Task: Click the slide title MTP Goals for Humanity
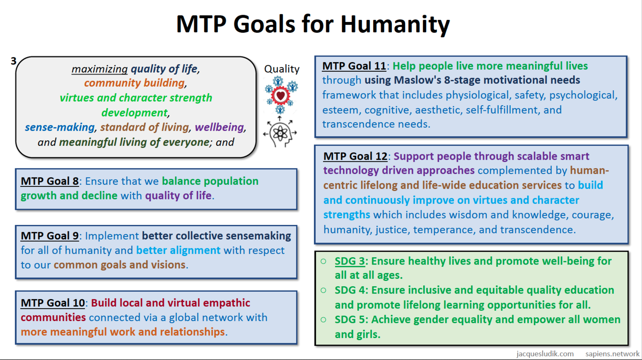[x=313, y=24]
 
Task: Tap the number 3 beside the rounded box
[x=13, y=61]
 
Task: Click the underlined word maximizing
[x=100, y=69]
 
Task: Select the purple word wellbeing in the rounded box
[x=219, y=127]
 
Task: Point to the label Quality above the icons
[x=282, y=69]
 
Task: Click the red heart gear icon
[x=280, y=95]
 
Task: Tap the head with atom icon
[x=280, y=132]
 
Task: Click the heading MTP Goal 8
[x=50, y=181]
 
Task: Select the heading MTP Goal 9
[x=50, y=236]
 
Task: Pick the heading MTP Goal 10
[x=53, y=303]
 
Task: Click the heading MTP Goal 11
[x=354, y=66]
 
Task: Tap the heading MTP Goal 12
[x=356, y=156]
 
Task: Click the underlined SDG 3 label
[x=349, y=261]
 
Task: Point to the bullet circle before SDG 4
[x=324, y=291]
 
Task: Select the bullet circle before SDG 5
[x=324, y=319]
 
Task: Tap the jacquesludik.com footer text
[x=545, y=354]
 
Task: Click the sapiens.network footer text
[x=612, y=354]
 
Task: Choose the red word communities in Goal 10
[x=53, y=318]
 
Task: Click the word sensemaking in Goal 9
[x=258, y=236]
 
